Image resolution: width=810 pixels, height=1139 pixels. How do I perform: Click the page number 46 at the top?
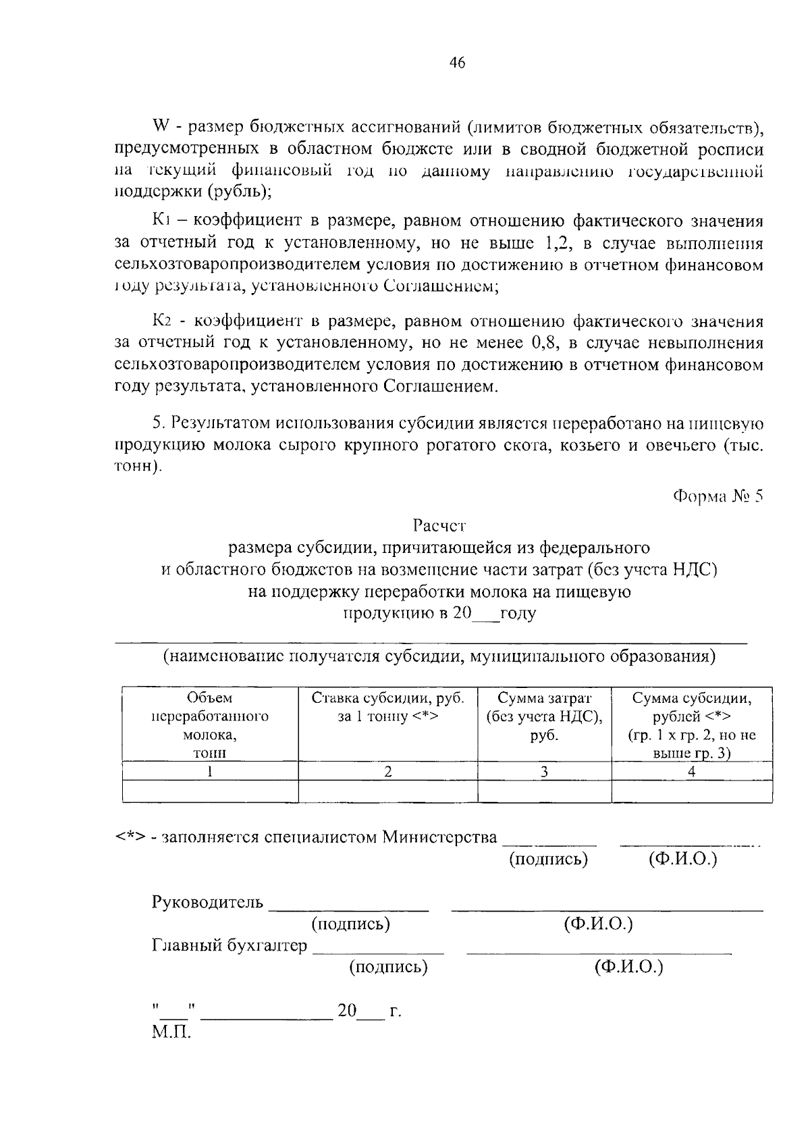tap(457, 63)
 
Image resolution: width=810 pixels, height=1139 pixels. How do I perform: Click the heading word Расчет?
tap(439, 525)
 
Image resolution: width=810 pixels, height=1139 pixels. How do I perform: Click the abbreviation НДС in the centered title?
tap(690, 570)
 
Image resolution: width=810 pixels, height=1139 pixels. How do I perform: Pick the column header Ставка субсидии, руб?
tap(387, 707)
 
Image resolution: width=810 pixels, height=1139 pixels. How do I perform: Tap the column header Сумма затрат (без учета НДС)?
tap(543, 716)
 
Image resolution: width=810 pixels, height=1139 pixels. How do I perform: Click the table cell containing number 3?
tap(543, 772)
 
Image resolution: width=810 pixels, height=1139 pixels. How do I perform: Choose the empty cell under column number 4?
tap(691, 792)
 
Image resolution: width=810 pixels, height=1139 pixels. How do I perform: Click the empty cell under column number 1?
tap(209, 792)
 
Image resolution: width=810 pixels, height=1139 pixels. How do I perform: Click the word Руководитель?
tap(207, 902)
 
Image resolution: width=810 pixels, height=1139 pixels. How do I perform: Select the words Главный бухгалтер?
tap(229, 945)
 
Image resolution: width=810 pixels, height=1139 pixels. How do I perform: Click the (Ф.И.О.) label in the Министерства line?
tap(682, 859)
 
